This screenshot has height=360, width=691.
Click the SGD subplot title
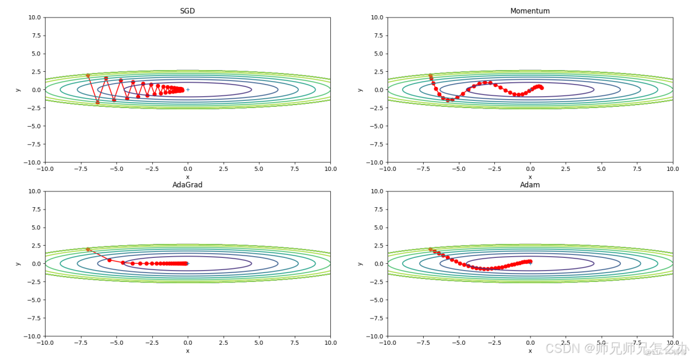[x=187, y=11]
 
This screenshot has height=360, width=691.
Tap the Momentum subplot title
[x=530, y=11]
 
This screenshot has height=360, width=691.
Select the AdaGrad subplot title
[x=187, y=185]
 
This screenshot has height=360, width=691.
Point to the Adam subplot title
[x=530, y=185]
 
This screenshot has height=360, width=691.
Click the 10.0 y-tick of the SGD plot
[x=34, y=18]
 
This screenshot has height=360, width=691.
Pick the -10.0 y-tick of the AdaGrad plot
[x=33, y=336]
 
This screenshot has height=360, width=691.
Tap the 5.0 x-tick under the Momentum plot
[x=601, y=169]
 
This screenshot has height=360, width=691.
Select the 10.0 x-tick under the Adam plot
[x=672, y=343]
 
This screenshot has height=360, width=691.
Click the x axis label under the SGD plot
[x=187, y=177]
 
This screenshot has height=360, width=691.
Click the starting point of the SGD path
[x=88, y=75]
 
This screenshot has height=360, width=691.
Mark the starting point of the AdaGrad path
[x=88, y=249]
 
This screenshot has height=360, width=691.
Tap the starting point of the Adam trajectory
[x=431, y=249]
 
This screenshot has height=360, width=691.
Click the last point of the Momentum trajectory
[x=542, y=88]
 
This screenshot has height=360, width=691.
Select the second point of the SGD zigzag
[x=97, y=102]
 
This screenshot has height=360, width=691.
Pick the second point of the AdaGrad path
[x=109, y=260]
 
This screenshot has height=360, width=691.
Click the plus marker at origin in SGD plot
[x=187, y=90]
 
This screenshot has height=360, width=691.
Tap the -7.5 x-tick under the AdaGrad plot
[x=81, y=343]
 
